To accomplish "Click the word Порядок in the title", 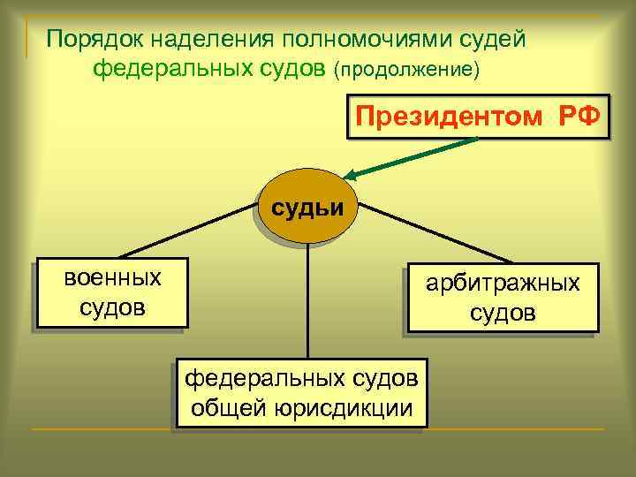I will pyautogui.click(x=93, y=40).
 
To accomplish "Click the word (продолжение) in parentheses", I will pyautogui.click(x=407, y=70).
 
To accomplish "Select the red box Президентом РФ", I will pyautogui.click(x=479, y=113).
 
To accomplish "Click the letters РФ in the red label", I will pyautogui.click(x=578, y=113).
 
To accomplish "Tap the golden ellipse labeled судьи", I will pyautogui.click(x=308, y=208).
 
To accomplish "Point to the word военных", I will pyautogui.click(x=113, y=278).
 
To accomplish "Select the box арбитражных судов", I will pyautogui.click(x=503, y=299).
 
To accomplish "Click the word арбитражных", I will pyautogui.click(x=503, y=284).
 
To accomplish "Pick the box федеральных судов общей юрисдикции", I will pyautogui.click(x=301, y=392).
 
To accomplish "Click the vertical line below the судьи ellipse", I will pyautogui.click(x=307, y=300).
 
